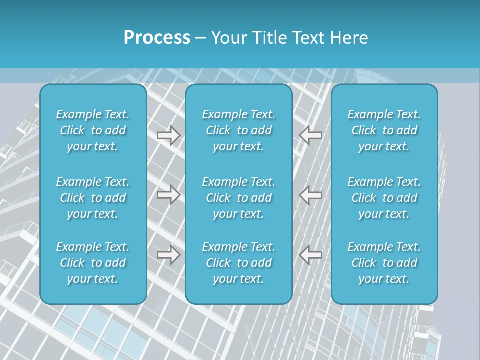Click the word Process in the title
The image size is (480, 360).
click(x=157, y=38)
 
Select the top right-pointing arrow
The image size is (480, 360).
click(x=168, y=135)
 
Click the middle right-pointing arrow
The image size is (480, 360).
click(x=168, y=194)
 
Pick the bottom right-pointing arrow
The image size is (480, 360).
click(x=168, y=255)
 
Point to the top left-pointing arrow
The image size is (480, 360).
click(x=311, y=135)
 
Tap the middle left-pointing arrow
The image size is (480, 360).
click(x=311, y=194)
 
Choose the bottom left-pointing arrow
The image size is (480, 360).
click(x=311, y=255)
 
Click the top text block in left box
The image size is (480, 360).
click(x=93, y=130)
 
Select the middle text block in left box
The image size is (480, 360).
click(x=93, y=198)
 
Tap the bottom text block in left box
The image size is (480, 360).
click(x=93, y=263)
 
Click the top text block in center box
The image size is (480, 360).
click(x=238, y=130)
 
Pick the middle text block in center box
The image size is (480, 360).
click(x=238, y=198)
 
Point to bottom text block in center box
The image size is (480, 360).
click(x=238, y=263)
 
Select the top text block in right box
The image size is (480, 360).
click(x=384, y=130)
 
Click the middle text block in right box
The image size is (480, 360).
click(x=384, y=198)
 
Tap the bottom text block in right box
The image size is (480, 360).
click(x=384, y=263)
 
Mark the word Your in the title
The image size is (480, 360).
click(x=228, y=38)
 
